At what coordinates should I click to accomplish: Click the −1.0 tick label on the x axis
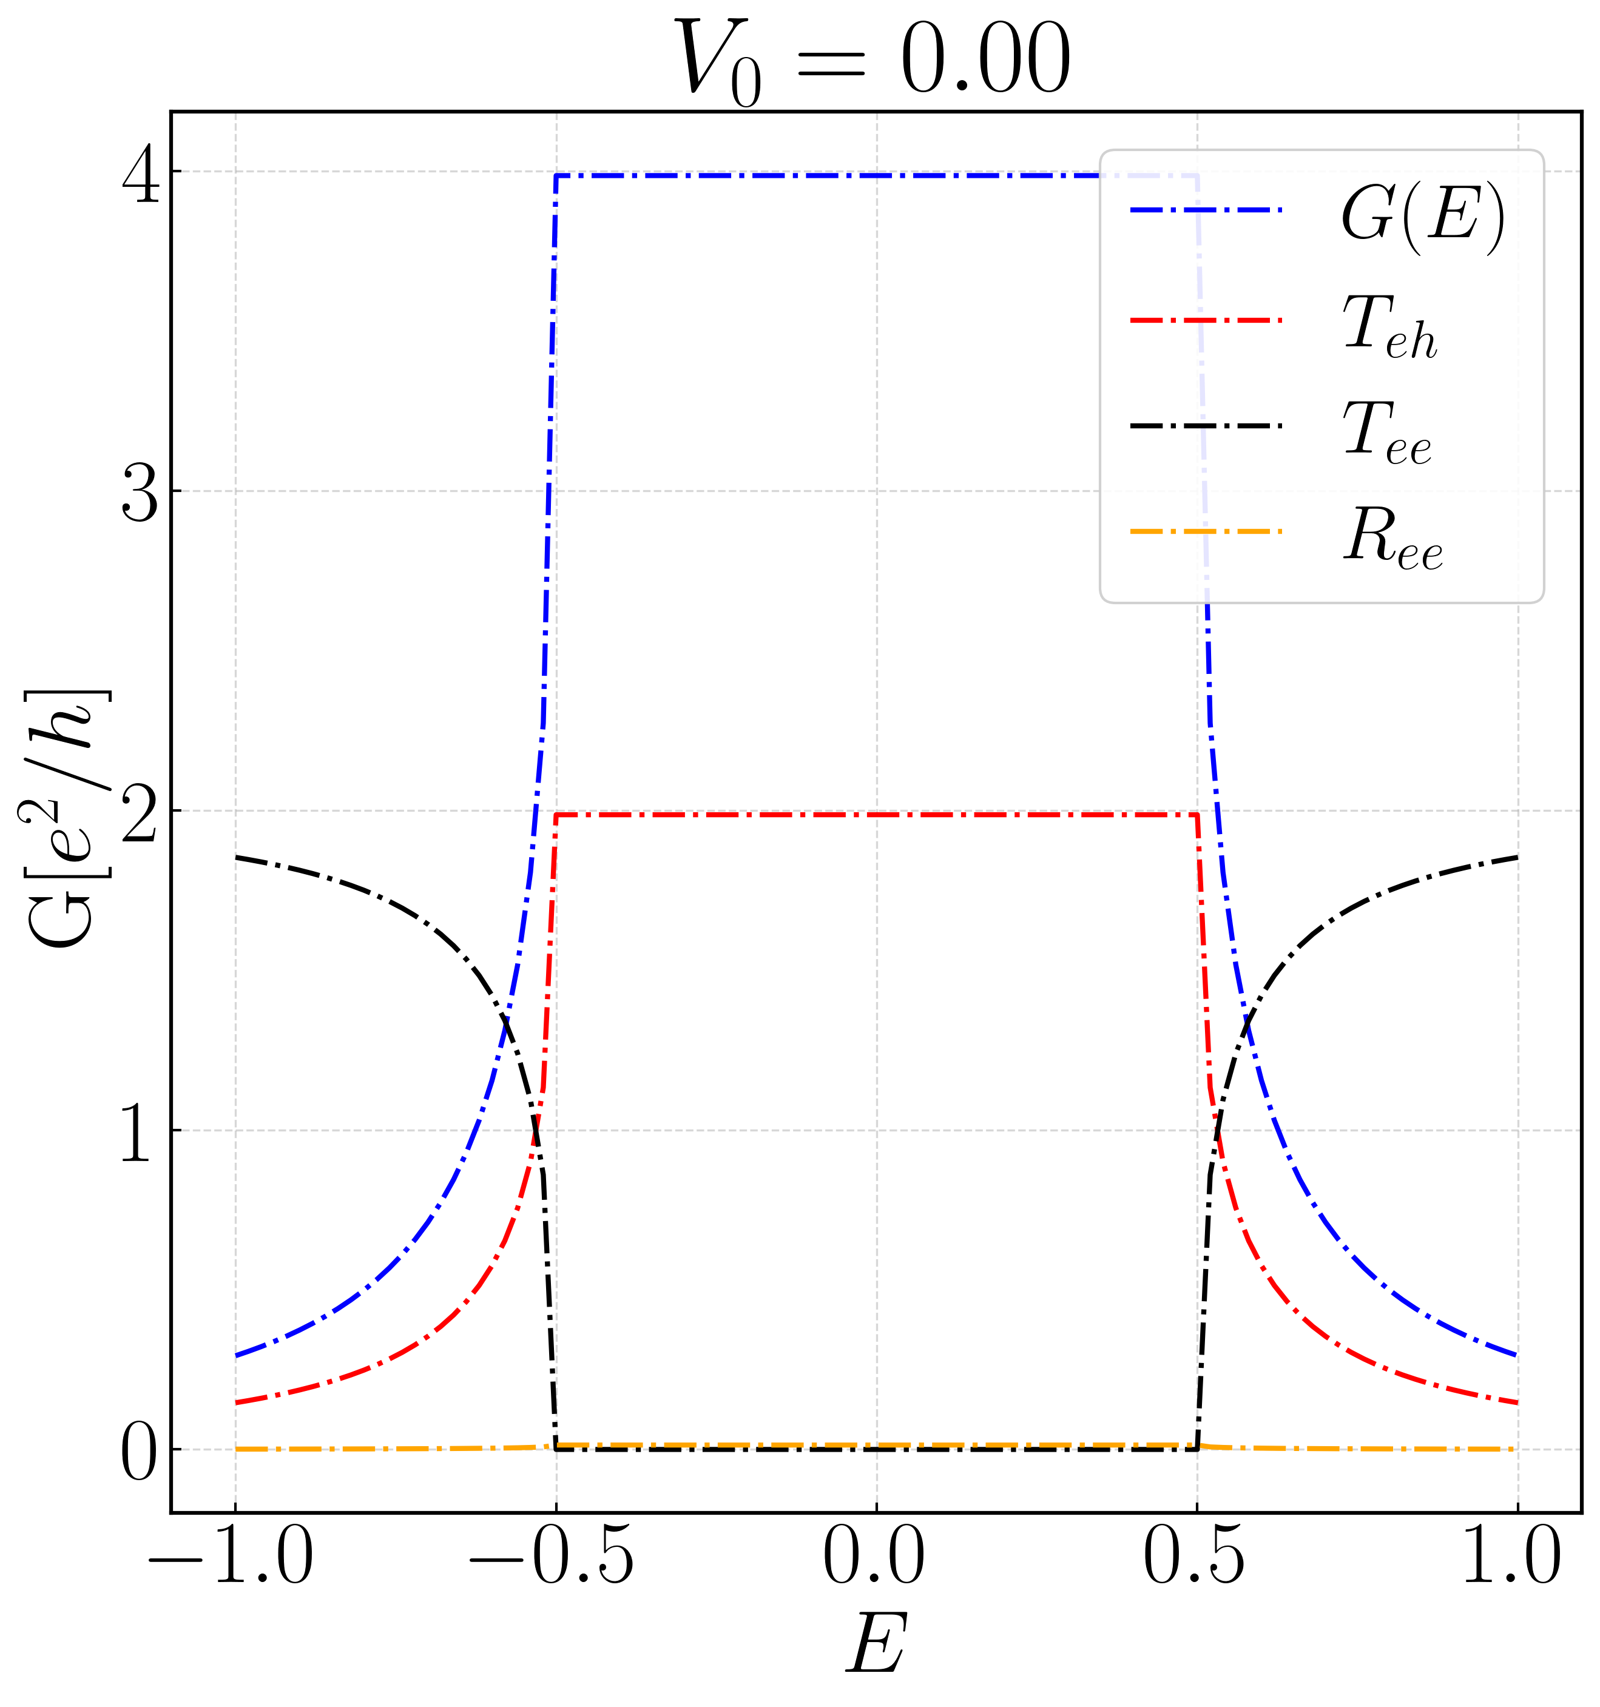(232, 1555)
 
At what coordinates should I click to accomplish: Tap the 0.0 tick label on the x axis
(874, 1555)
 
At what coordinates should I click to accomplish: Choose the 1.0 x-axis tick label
(1513, 1555)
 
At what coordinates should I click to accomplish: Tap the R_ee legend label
(1392, 539)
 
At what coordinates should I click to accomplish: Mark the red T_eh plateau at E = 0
(877, 814)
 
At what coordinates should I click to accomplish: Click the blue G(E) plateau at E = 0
(877, 176)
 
